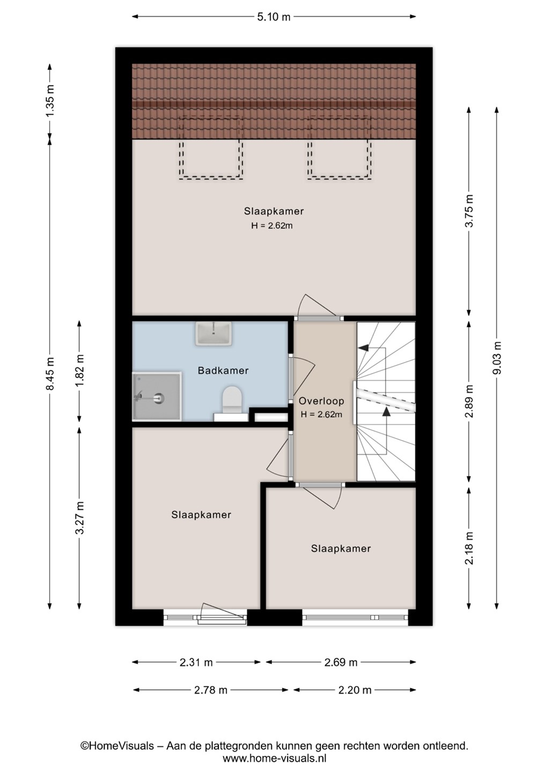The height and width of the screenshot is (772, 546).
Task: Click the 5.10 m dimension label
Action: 274,17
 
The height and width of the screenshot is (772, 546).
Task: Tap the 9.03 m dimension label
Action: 497,358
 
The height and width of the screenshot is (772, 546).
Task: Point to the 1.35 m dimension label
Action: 50,100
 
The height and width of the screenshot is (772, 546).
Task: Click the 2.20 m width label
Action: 355,690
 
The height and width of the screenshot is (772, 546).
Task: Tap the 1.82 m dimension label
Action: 80,370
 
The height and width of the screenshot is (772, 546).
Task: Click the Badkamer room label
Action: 223,370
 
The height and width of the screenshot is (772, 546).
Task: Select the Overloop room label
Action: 321,401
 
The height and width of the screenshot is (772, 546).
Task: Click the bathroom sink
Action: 213,333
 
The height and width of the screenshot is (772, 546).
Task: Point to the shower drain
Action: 159,399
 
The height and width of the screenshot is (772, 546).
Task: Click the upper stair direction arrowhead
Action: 362,348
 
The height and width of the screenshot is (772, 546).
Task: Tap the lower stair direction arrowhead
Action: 386,412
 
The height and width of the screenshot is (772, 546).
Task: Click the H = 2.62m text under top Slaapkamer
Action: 272,226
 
